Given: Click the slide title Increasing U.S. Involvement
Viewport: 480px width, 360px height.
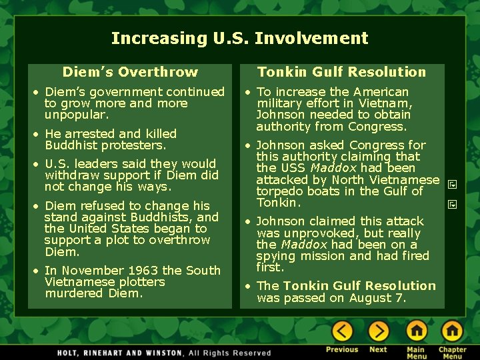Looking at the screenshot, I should (239, 39).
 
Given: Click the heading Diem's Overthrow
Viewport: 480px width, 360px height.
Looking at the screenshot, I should (130, 72).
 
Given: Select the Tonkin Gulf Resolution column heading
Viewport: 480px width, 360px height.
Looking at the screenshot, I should (341, 72).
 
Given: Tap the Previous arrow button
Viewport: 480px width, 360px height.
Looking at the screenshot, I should (342, 331).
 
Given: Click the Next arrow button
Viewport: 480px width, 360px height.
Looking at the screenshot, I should (378, 331).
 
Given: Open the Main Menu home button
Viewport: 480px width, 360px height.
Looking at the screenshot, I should (417, 331).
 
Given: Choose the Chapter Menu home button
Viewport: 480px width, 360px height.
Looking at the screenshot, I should (452, 331).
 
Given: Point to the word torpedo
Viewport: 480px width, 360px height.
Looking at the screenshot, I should (281, 191).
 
